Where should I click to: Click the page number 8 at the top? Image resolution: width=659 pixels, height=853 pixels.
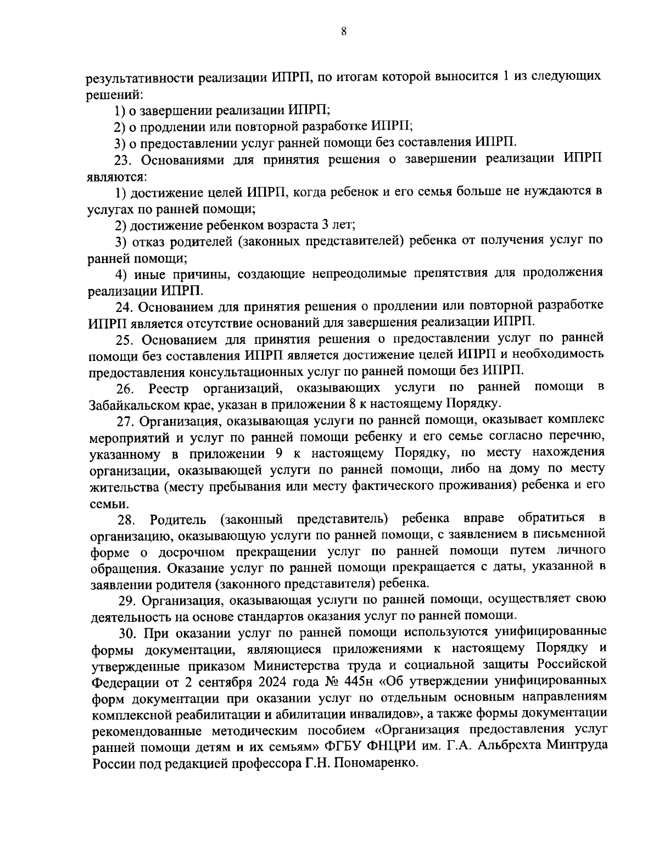(x=343, y=32)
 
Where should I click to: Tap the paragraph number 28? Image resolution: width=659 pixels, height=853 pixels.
(x=126, y=519)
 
